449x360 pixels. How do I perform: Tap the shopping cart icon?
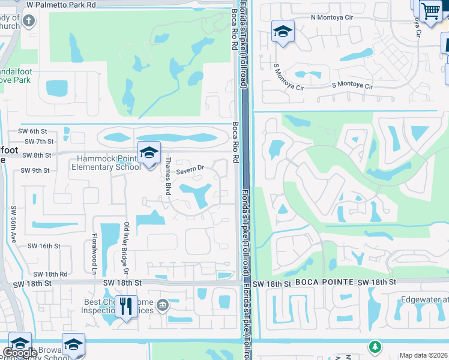[430, 11]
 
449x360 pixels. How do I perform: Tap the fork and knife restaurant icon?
[126, 306]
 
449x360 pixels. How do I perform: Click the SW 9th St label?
[35, 170]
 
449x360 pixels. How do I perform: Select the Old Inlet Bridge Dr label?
[127, 245]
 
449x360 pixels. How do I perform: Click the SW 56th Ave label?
[13, 224]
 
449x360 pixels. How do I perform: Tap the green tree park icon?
[375, 346]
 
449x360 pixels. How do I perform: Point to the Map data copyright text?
[423, 355]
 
